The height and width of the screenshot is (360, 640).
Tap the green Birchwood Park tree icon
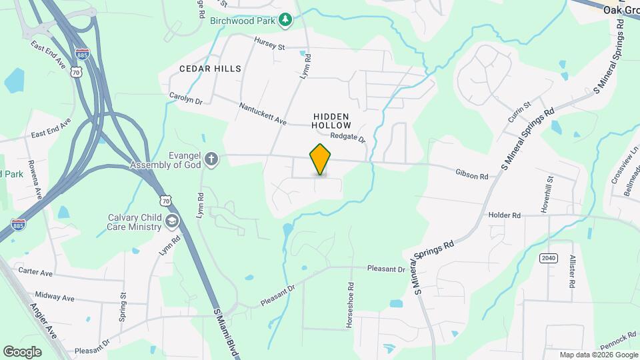286,20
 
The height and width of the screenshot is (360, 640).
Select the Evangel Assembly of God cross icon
211,159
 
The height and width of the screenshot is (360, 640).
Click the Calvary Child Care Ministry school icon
172,221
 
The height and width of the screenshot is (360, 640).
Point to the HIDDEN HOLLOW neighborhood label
331,121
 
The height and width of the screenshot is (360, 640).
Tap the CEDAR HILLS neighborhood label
210,69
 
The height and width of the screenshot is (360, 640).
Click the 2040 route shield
548,258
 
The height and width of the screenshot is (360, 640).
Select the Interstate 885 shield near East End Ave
82,54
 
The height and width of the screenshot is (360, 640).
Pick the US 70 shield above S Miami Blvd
166,200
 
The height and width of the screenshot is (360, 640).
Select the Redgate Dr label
349,137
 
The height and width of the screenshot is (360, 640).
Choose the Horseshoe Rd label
349,303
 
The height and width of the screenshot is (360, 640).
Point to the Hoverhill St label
550,190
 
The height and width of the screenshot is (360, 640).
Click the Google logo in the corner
22,351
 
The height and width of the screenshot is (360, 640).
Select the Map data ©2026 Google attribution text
598,355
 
